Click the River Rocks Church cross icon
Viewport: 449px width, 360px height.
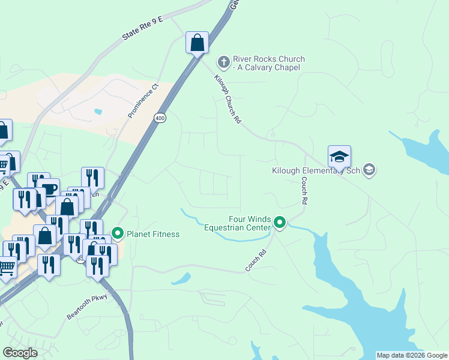223,62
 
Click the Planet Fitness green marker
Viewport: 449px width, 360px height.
118,233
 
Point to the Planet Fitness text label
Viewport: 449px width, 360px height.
152,234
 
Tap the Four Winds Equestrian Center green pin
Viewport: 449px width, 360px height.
280,223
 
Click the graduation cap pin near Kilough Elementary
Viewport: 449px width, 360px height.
339,157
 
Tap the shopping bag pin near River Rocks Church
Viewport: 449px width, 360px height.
197,43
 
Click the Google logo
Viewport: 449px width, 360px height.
20,352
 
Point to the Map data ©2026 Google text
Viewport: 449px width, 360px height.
412,355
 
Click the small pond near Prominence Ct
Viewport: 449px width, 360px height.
98,112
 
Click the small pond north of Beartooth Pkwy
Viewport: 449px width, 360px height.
181,278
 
